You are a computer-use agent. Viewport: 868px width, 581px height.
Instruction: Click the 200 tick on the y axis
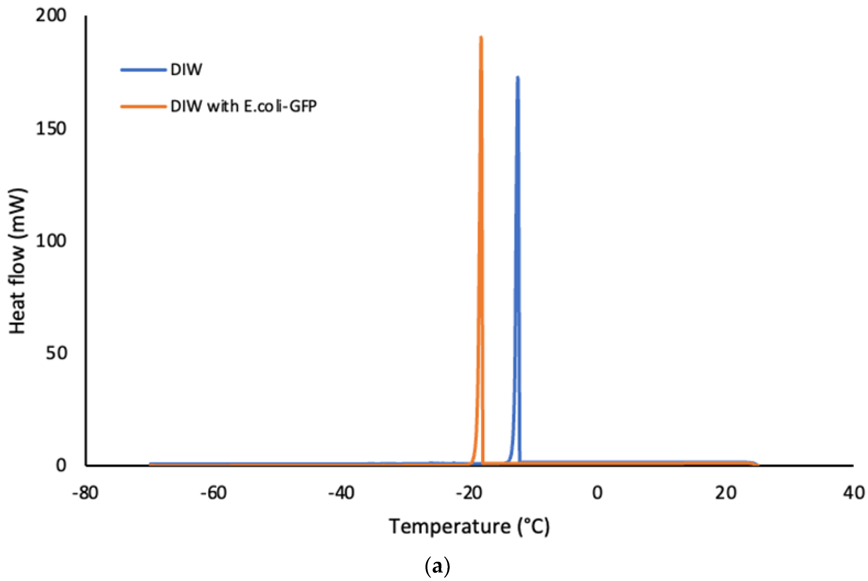click(51, 16)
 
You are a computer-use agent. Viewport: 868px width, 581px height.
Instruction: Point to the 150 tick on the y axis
click(51, 128)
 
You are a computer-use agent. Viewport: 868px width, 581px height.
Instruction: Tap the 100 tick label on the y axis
click(51, 241)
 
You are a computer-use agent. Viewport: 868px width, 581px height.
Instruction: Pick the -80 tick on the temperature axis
click(85, 493)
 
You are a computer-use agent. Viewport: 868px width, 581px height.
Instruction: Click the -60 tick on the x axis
click(214, 493)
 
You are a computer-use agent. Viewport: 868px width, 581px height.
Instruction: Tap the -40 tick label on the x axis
click(341, 493)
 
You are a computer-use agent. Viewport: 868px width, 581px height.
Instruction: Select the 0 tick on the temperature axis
click(597, 493)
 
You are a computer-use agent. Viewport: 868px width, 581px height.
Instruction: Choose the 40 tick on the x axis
click(853, 493)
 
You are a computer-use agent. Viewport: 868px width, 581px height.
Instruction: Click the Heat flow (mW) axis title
click(17, 261)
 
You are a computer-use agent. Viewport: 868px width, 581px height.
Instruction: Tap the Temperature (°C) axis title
click(469, 527)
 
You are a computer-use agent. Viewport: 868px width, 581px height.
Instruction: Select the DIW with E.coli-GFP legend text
click(243, 106)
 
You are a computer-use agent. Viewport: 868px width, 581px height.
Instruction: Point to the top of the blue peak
click(518, 77)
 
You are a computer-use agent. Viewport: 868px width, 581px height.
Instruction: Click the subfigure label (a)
click(438, 567)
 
